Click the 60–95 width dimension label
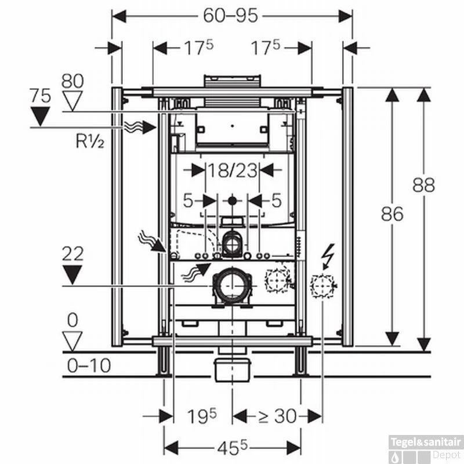coord(230,16)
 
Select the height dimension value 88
coord(424,185)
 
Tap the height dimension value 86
coord(393,214)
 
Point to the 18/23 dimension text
coord(233,171)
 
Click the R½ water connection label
coord(89,141)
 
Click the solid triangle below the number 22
coord(72,274)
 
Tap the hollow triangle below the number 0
coord(72,340)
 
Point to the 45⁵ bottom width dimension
coord(232,447)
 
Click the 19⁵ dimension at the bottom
coord(202,416)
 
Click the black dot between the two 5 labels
coord(233,201)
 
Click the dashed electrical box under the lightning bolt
coord(322,285)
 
